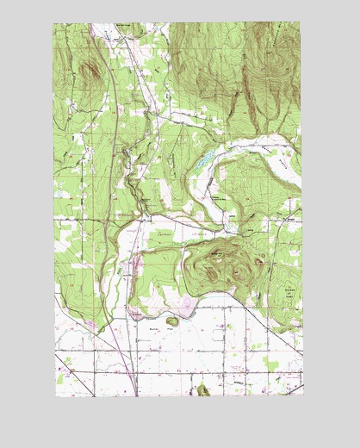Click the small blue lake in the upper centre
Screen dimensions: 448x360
204,159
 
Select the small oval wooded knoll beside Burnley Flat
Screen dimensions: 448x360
172,321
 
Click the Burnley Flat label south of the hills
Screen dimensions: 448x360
155,328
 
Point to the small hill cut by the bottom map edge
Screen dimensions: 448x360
203,390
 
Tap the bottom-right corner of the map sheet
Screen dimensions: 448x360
303,395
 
